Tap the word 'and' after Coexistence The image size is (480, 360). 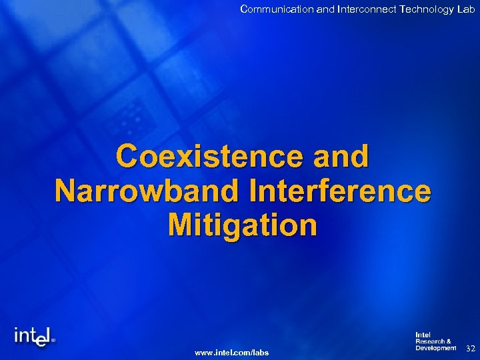[x=340, y=157]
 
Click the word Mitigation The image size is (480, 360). [x=243, y=225]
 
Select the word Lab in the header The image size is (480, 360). [x=466, y=9]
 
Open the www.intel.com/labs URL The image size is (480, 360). [x=231, y=351]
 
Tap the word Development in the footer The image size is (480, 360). [x=435, y=348]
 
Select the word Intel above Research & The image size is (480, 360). [x=423, y=335]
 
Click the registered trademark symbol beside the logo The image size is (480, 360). [x=53, y=339]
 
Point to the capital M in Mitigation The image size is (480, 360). [x=182, y=225]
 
